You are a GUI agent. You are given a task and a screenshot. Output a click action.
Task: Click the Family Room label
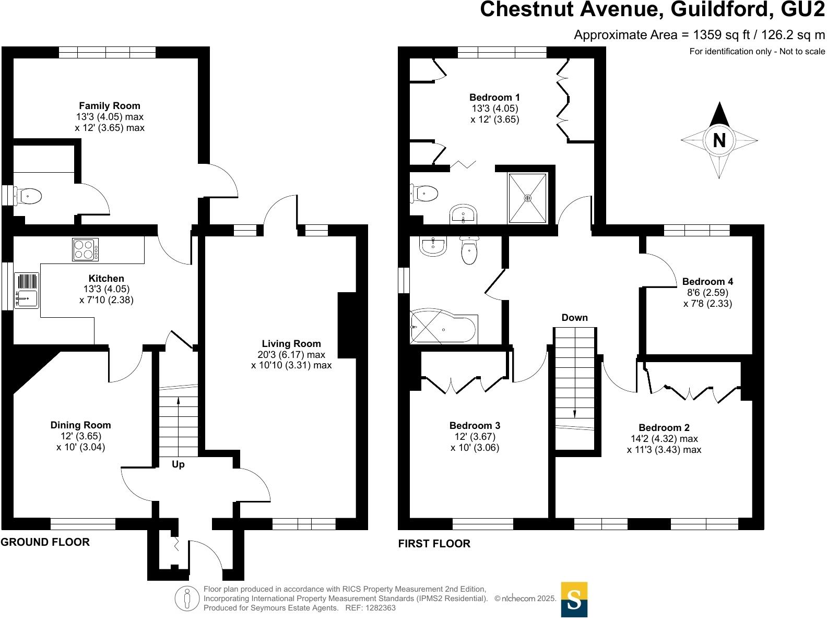(109, 106)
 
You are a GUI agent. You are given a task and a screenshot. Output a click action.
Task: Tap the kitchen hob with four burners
(86, 249)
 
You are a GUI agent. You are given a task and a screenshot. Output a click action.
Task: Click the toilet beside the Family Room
(28, 197)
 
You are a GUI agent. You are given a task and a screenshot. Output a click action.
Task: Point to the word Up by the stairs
(178, 464)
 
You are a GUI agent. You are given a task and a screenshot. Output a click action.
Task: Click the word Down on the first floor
(574, 318)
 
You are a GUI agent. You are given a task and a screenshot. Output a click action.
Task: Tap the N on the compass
(719, 140)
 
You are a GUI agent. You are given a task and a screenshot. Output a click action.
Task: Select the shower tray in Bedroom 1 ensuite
(528, 198)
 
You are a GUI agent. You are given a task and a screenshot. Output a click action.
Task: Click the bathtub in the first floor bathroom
(443, 328)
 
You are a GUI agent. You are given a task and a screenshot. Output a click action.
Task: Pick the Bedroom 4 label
(703, 282)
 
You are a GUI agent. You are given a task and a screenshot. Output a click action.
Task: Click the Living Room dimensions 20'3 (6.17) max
(291, 355)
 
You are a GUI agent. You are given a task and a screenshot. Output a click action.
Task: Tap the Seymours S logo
(574, 600)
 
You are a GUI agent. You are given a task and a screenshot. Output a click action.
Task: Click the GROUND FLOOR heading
(45, 542)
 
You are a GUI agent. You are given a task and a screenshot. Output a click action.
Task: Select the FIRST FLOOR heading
(434, 544)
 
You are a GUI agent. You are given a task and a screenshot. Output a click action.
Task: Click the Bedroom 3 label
(475, 426)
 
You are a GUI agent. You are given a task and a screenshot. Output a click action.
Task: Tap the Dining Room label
(80, 425)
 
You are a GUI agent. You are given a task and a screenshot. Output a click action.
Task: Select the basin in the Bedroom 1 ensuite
(463, 214)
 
